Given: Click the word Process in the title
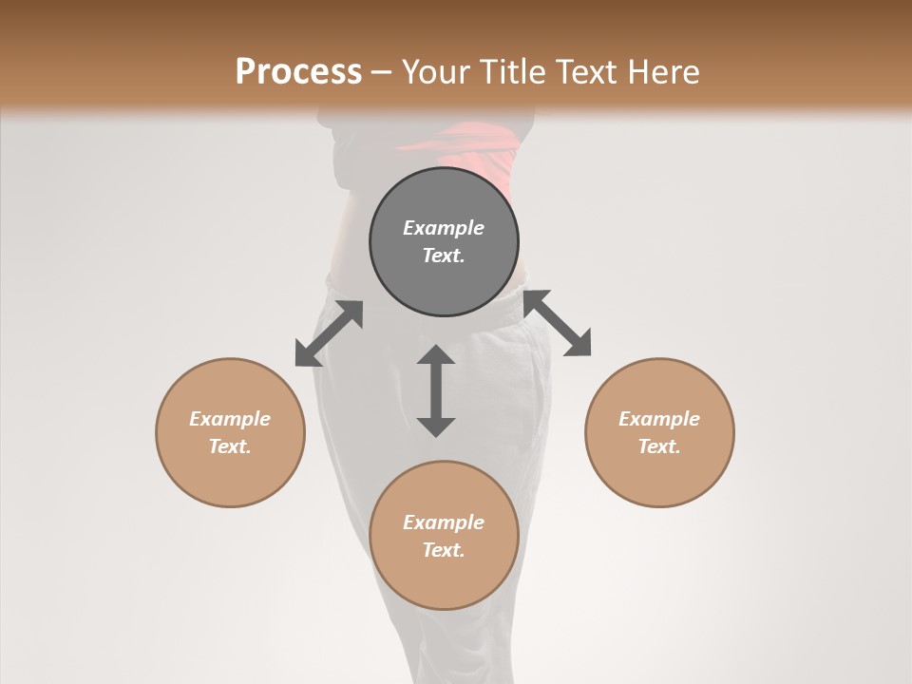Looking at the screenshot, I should click(x=298, y=72).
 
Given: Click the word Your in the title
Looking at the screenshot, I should click(x=436, y=72).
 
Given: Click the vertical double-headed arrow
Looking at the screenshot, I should click(x=436, y=390).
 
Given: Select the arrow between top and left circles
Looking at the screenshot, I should click(x=329, y=333).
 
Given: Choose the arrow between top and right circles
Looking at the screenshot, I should click(x=558, y=323).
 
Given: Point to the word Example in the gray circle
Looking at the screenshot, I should click(x=444, y=228).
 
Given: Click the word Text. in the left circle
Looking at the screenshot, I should click(x=230, y=446).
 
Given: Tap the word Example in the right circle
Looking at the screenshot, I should click(x=659, y=419).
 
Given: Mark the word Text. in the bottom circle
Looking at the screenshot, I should click(x=444, y=550).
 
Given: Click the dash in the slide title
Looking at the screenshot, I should click(x=381, y=72).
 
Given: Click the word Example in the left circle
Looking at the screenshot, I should click(x=230, y=419).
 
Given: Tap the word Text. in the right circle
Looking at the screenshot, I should click(x=659, y=446).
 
